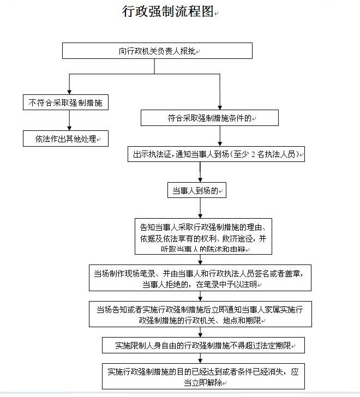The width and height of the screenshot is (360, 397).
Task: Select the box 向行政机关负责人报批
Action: click(157, 51)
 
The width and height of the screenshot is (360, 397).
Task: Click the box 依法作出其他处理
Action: click(65, 139)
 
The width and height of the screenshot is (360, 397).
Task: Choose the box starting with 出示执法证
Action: click(215, 154)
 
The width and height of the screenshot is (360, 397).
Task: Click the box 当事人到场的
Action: click(196, 190)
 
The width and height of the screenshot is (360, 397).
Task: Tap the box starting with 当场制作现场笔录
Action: click(200, 278)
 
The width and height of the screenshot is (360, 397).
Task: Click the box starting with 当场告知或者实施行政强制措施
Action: click(200, 314)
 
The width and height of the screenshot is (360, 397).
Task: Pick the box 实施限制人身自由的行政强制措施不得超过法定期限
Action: click(202, 345)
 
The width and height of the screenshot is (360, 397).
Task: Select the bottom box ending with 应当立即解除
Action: click(201, 376)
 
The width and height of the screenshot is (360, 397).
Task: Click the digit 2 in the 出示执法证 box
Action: click(254, 155)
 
